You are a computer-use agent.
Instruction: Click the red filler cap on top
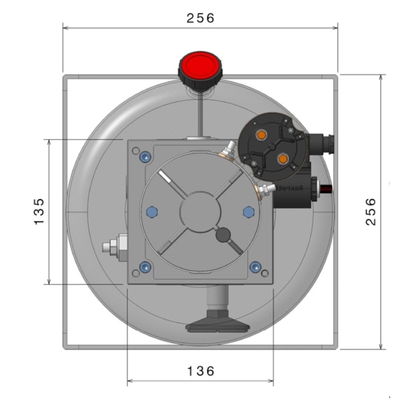(201, 67)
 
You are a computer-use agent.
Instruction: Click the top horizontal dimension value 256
(201, 18)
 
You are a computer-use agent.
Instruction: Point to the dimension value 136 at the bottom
(201, 371)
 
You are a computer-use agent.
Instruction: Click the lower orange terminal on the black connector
(282, 159)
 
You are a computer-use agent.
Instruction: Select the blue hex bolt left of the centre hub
(151, 211)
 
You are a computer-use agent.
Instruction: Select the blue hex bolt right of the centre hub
(249, 211)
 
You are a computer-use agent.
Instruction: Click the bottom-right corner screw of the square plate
(255, 267)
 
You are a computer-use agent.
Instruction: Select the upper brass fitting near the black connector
(228, 149)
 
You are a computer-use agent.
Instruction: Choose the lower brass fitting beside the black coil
(264, 191)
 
